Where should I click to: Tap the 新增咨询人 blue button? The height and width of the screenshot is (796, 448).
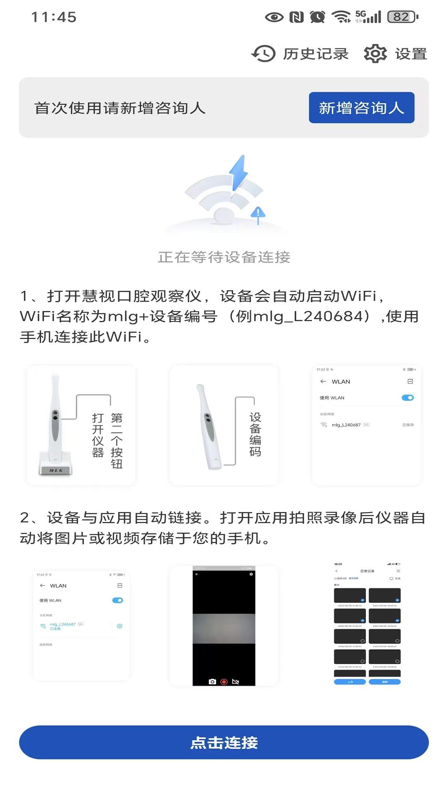click(361, 108)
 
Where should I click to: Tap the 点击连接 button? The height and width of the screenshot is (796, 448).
click(224, 743)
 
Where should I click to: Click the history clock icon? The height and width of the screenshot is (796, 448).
click(263, 53)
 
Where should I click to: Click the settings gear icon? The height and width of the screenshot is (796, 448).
click(375, 53)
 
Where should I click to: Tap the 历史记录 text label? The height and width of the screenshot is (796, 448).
click(316, 54)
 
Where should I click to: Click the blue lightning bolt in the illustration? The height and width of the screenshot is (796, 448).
click(239, 172)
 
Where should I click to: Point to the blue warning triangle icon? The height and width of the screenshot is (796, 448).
click(258, 213)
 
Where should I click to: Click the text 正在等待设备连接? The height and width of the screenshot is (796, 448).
click(224, 257)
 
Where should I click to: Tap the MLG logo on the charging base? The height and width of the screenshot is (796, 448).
click(56, 470)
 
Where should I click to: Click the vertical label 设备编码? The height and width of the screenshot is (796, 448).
click(255, 434)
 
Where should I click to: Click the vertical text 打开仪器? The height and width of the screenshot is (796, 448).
click(98, 435)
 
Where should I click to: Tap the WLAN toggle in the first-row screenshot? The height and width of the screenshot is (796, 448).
click(408, 398)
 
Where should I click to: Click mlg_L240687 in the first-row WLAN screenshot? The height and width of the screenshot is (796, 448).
click(346, 425)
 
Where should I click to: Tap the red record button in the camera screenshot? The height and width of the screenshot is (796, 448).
click(224, 682)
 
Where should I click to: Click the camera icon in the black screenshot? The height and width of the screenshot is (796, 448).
click(212, 682)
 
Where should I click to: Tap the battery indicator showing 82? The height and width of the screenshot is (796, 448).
click(402, 17)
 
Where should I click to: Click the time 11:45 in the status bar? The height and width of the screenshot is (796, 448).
click(54, 17)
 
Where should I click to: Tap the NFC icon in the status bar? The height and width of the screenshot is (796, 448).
click(296, 17)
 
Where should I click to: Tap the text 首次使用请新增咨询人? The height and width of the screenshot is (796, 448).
click(120, 108)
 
